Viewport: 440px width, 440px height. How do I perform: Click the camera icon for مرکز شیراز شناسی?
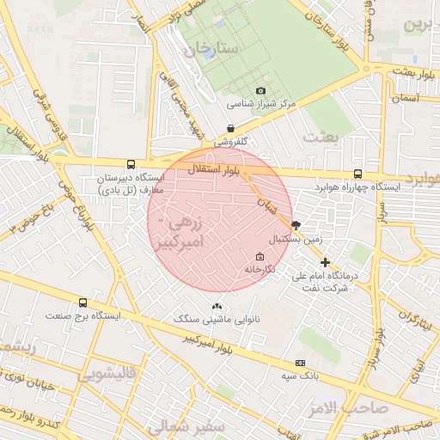pos(261,90)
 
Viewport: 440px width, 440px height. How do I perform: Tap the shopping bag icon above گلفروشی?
pos(230,128)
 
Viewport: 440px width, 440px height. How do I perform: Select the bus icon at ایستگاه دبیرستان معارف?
pos(131,163)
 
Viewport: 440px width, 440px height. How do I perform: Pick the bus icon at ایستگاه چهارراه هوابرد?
pos(357,173)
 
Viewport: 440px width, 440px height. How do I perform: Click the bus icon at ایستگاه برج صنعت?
pos(82,302)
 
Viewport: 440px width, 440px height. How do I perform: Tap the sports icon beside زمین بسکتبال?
pos(296,225)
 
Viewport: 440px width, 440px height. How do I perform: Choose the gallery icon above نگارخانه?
pos(260,256)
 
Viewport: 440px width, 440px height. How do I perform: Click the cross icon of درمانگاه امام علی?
pos(325,262)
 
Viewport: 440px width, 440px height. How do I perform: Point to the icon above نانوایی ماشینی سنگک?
pos(217,306)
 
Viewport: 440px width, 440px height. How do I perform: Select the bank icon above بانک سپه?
pos(300,363)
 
